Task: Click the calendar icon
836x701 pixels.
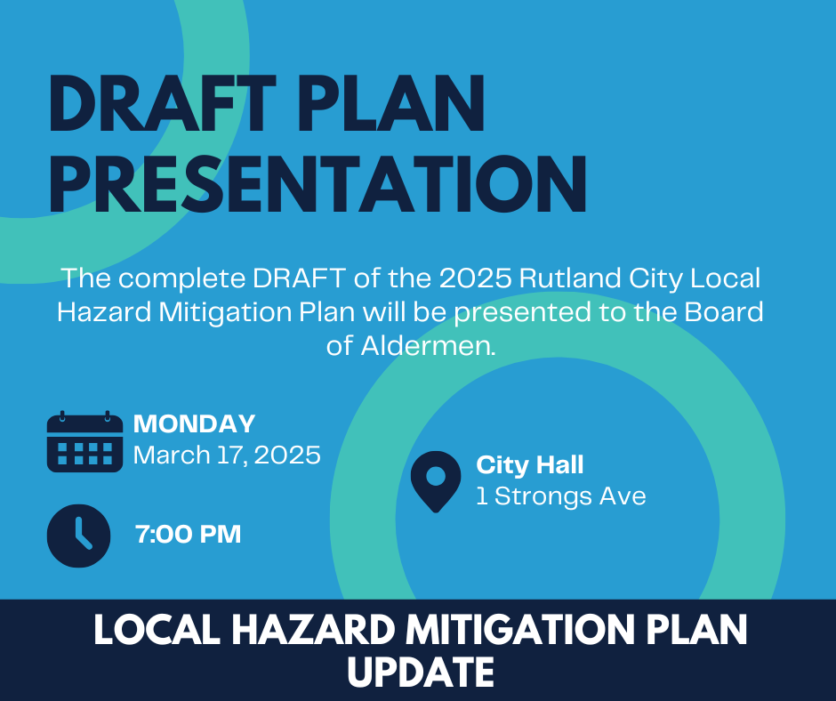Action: click(x=84, y=442)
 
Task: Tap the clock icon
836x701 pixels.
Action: click(x=79, y=536)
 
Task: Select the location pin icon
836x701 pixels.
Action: click(x=436, y=482)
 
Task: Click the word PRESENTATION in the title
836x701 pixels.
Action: click(x=318, y=184)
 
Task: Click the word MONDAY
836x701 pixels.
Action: click(x=194, y=424)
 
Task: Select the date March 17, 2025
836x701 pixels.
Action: click(x=227, y=455)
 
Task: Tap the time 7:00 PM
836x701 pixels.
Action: click(x=189, y=534)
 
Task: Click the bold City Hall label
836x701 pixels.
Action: click(x=530, y=464)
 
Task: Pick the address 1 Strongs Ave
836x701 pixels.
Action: click(x=561, y=496)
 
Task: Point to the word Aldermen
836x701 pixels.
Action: click(x=429, y=346)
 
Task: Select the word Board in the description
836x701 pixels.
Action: click(x=724, y=312)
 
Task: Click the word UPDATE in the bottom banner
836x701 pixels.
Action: click(x=421, y=672)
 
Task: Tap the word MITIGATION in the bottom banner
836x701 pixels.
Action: click(x=520, y=630)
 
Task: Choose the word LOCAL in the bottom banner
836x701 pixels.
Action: click(x=157, y=630)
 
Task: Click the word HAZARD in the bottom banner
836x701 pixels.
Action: click(x=312, y=630)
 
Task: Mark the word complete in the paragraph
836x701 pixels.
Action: click(x=181, y=279)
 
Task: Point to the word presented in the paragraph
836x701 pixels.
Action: click(x=523, y=313)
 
